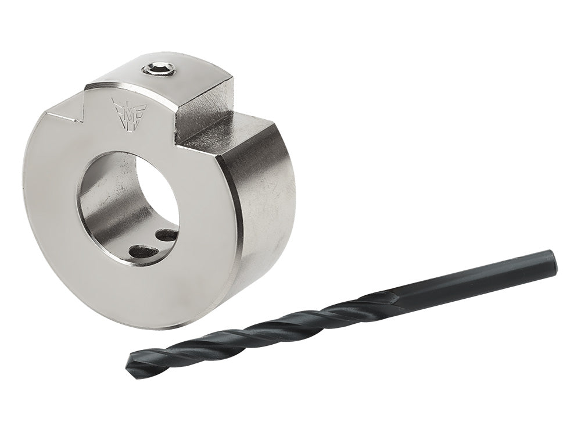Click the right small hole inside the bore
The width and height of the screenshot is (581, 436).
pyautogui.click(x=167, y=235)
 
